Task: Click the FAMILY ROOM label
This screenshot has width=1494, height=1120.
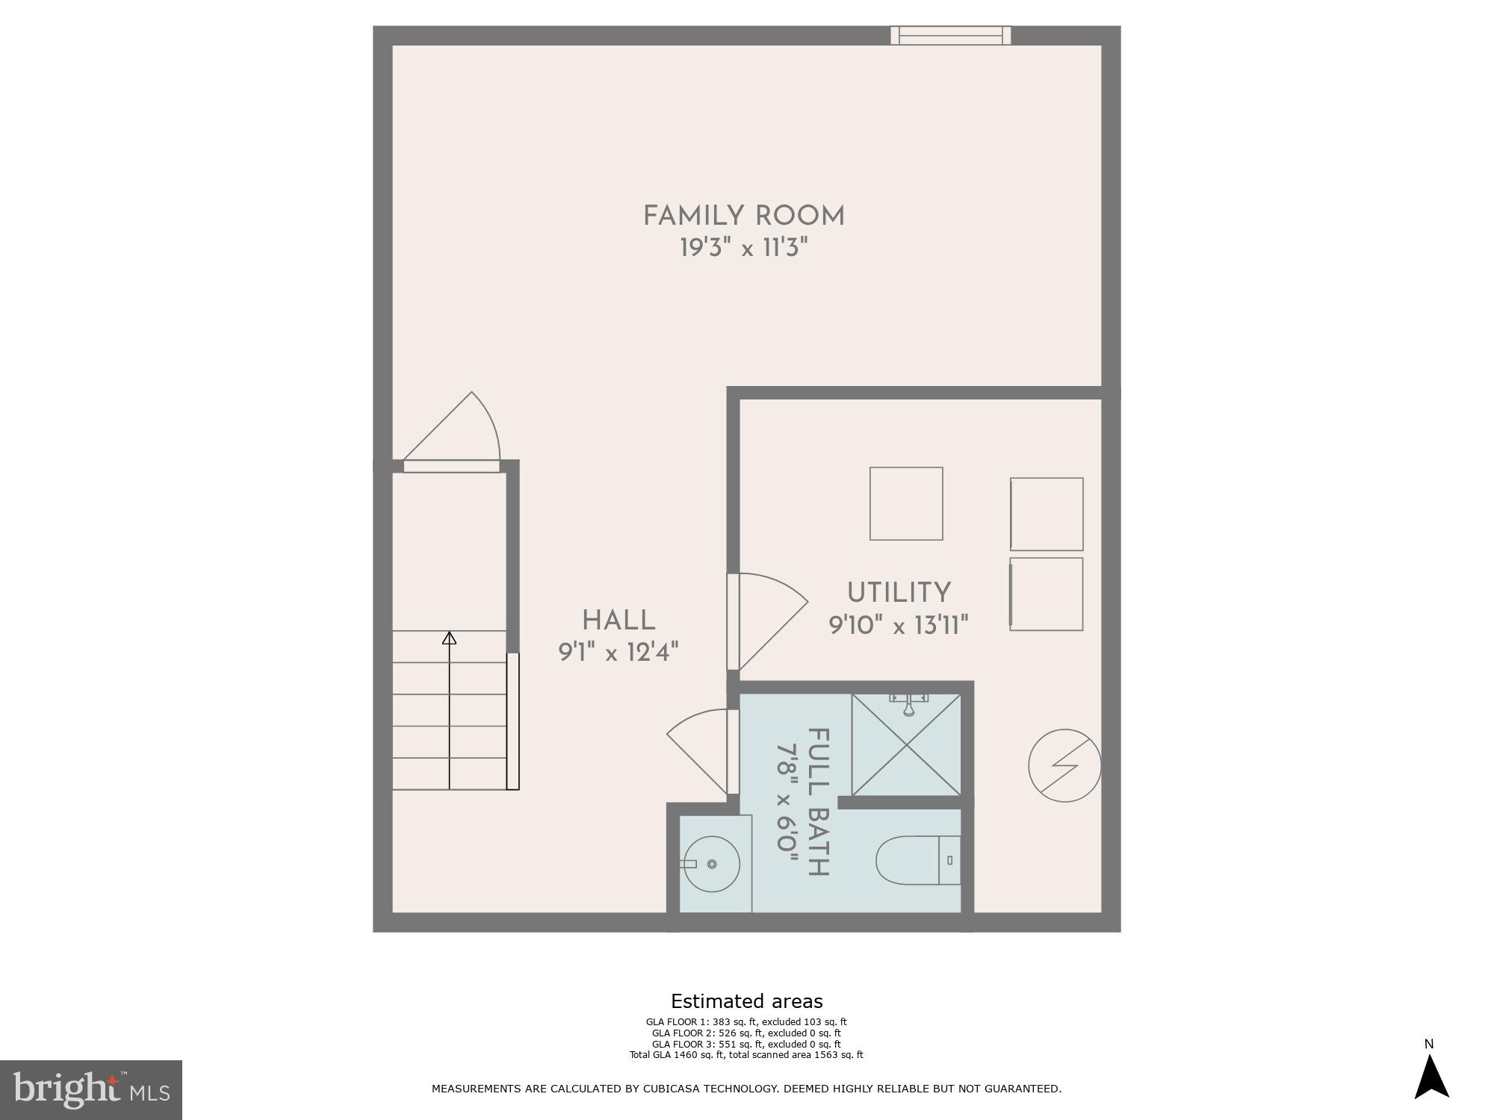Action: click(744, 217)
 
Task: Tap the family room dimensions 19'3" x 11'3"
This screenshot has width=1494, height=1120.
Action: click(744, 248)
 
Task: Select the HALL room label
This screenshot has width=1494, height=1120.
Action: click(619, 620)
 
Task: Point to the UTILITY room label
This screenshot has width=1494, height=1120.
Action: click(899, 593)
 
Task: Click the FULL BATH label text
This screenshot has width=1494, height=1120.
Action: click(819, 802)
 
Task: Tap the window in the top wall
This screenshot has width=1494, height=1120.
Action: click(950, 35)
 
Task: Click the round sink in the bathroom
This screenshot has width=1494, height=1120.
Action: click(712, 864)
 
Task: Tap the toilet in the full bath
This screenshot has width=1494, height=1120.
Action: click(917, 860)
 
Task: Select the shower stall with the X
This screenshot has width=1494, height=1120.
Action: click(906, 744)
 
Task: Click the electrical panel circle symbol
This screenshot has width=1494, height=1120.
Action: click(1064, 765)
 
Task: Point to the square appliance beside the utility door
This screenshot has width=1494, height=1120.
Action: click(906, 503)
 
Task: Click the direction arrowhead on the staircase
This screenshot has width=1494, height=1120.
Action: click(449, 638)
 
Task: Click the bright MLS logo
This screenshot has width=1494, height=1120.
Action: click(91, 1089)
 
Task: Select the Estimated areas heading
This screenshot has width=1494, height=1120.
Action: click(746, 1001)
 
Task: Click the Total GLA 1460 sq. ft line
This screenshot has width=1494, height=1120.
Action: click(746, 1055)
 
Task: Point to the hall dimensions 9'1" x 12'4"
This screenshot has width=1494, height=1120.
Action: click(619, 653)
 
